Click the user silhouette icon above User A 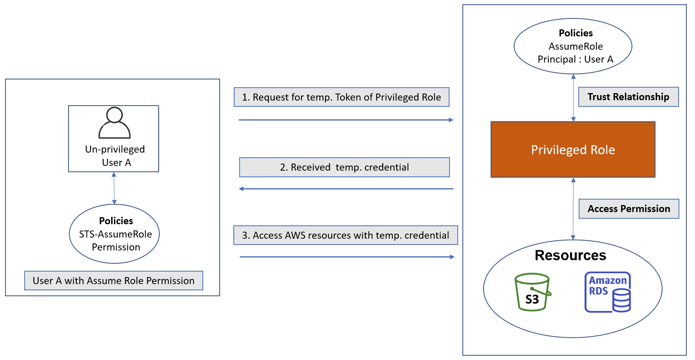114,123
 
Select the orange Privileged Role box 573,149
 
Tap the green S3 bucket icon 532,292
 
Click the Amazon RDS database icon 608,292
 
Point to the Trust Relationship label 628,97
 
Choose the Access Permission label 629,209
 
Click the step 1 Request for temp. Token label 341,97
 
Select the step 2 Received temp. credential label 345,167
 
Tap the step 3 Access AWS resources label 346,235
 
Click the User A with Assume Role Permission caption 114,281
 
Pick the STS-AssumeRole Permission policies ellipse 114,234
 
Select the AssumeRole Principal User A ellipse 573,46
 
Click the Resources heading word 570,256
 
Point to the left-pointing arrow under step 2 346,189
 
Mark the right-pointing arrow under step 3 347,257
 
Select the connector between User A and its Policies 114,188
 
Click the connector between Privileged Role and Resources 573,209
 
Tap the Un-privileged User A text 115,156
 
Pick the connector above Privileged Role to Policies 573,98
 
